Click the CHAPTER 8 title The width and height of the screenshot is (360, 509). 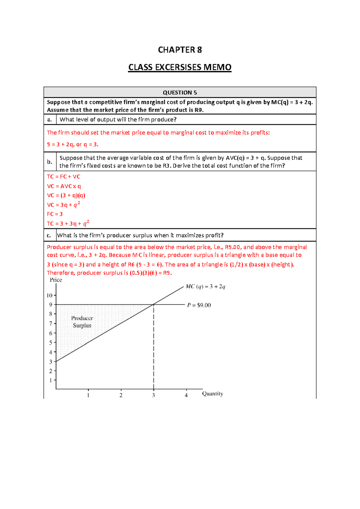click(x=180, y=50)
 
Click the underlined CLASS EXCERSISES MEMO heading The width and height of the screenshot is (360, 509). click(x=180, y=67)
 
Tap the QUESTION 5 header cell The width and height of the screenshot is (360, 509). click(x=180, y=92)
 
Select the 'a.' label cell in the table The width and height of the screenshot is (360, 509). click(x=50, y=119)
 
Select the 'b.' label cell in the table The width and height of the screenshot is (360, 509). click(x=50, y=162)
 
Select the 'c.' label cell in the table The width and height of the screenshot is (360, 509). click(x=49, y=235)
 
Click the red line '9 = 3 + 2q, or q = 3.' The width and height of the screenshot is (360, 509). click(x=73, y=144)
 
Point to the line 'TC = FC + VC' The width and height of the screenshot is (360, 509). click(x=64, y=177)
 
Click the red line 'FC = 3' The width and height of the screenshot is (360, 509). click(x=55, y=214)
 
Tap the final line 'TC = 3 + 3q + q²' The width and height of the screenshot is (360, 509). click(x=68, y=224)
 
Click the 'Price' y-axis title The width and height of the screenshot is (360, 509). click(x=56, y=280)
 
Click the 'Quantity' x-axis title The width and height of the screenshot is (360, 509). click(x=212, y=393)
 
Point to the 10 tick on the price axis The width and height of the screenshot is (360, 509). click(x=49, y=295)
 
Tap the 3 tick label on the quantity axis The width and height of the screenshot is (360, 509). click(x=153, y=395)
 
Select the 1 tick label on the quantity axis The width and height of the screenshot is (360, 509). click(x=88, y=395)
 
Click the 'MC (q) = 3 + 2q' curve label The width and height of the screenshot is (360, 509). click(x=205, y=287)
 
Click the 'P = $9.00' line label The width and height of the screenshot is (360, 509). click(x=199, y=305)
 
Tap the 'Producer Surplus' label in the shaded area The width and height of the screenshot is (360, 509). click(x=82, y=322)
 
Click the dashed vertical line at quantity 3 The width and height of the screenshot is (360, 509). click(x=154, y=348)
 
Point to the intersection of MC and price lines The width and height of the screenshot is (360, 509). click(x=154, y=304)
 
